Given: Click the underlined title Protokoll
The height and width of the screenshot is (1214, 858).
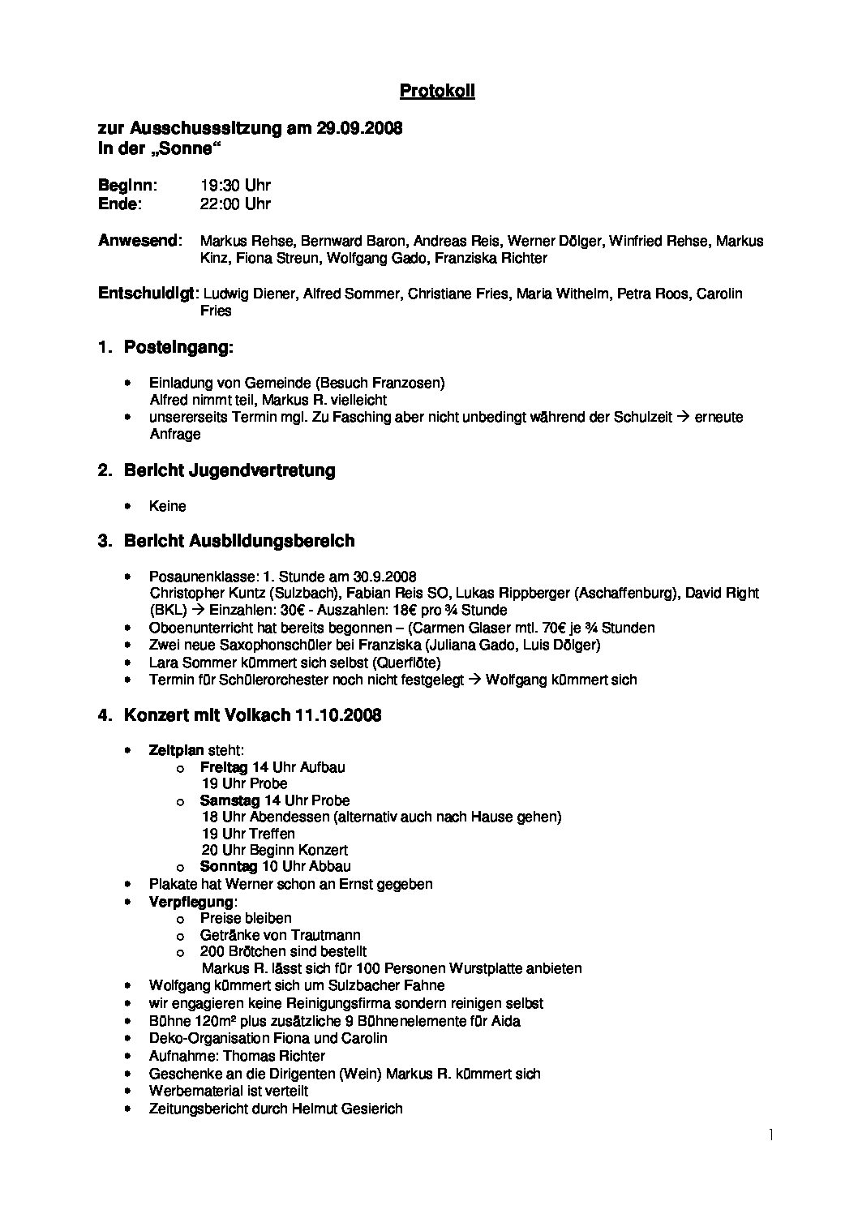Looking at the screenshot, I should pyautogui.click(x=437, y=92).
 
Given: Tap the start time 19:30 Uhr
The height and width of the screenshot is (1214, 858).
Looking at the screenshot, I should pyautogui.click(x=235, y=186).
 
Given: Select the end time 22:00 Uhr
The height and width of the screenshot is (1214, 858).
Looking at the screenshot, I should pyautogui.click(x=235, y=204).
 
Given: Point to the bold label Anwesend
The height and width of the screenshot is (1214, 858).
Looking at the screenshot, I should pyautogui.click(x=139, y=241).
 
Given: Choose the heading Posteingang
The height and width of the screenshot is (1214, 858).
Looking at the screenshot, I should pyautogui.click(x=178, y=348).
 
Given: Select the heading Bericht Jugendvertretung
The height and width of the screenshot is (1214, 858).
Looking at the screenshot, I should pyautogui.click(x=230, y=471).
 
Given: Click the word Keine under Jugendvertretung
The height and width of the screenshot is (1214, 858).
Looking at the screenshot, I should pyautogui.click(x=168, y=506).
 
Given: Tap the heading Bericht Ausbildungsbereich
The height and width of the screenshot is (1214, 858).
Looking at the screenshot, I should pyautogui.click(x=239, y=541).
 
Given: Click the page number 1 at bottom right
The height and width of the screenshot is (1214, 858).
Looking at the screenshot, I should pyautogui.click(x=771, y=1135).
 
